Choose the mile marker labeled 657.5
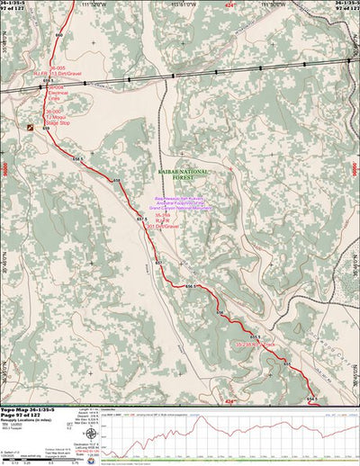click(141, 220)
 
